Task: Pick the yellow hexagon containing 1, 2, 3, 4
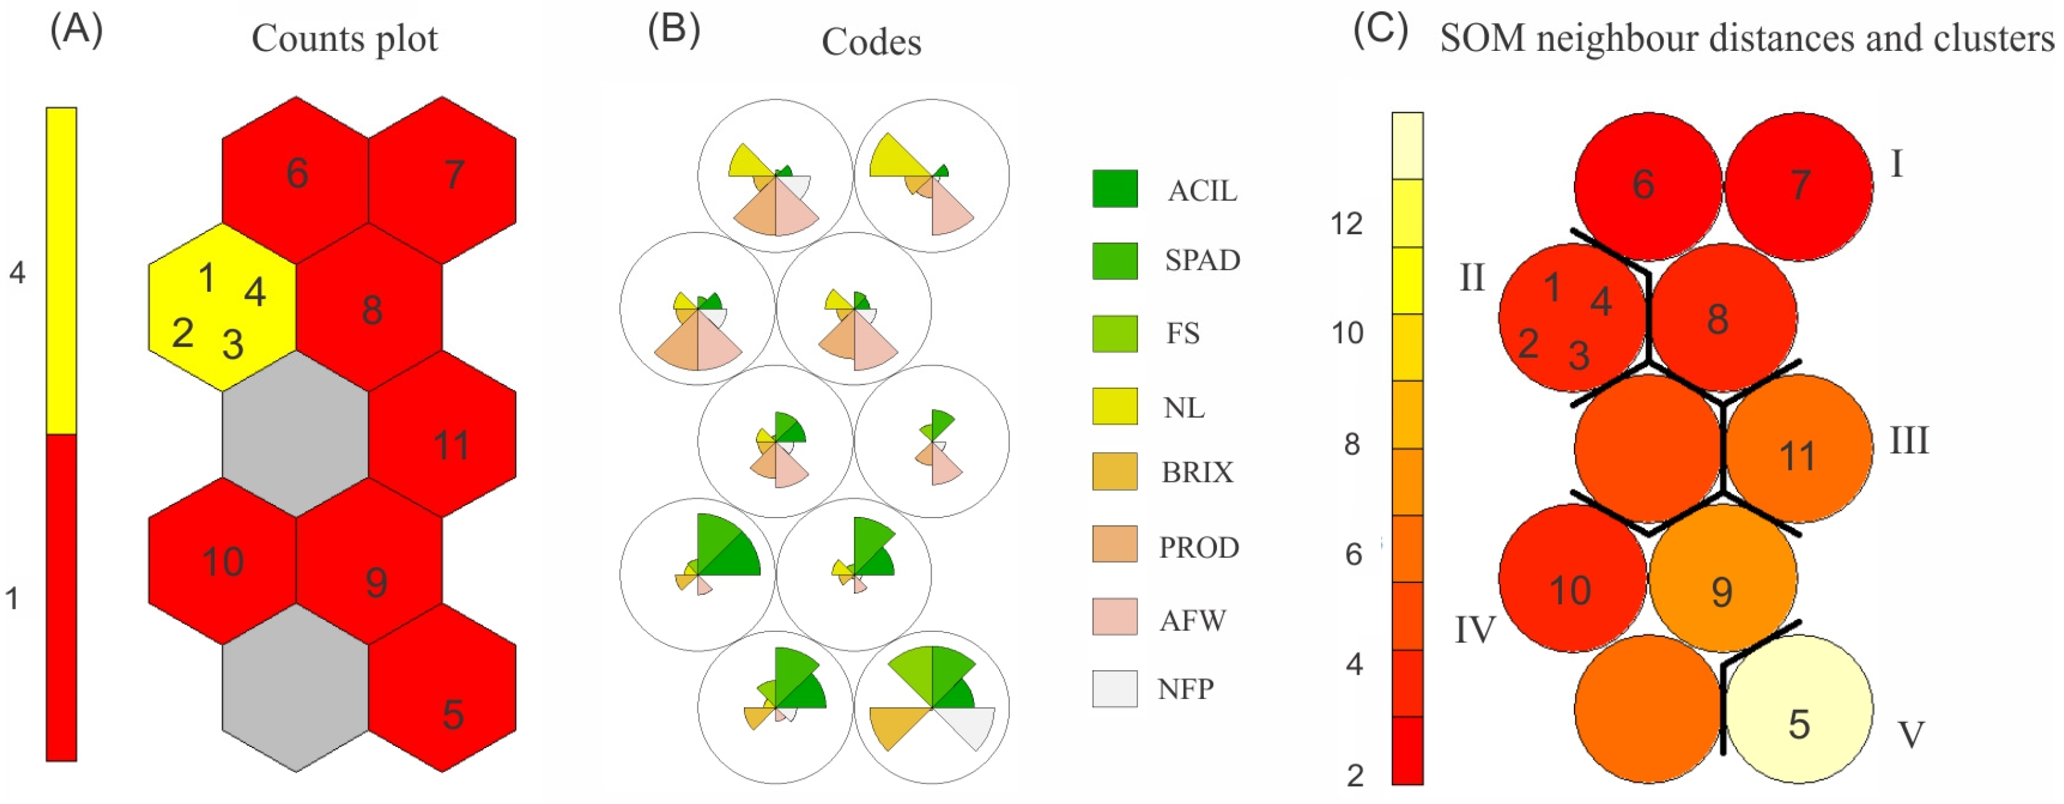point(222,308)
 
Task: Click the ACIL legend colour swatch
point(1115,189)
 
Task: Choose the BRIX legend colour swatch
point(1115,472)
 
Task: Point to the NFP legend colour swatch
point(1115,688)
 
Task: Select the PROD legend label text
point(1199,548)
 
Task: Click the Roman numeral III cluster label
point(1909,441)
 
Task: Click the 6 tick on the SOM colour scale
point(1353,554)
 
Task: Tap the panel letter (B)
point(673,30)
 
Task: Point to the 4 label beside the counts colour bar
point(17,274)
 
